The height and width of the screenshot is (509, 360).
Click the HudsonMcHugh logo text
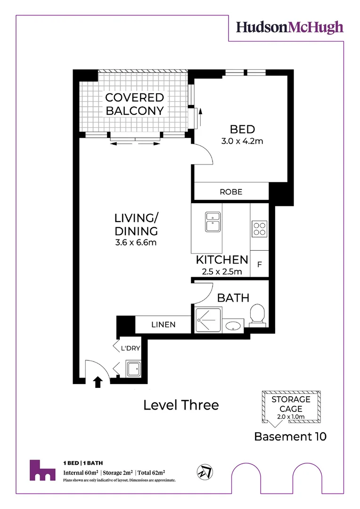coord(290,28)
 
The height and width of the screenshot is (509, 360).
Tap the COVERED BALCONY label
coord(135,104)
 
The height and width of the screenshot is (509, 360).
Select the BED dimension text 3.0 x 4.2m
coord(242,141)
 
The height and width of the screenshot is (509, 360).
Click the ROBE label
coord(231,192)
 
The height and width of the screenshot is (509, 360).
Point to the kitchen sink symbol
coord(213,222)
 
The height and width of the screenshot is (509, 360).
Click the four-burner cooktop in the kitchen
coord(259,228)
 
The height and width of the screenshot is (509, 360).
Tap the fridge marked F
coord(259,264)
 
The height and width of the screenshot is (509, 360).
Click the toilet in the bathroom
coord(257,315)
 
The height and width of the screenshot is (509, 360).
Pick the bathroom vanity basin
coord(234,326)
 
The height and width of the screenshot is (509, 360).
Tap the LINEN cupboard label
coord(164,325)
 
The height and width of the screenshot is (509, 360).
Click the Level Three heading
coord(181,405)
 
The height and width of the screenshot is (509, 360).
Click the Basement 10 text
coord(290,436)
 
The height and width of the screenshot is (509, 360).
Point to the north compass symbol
coord(205,471)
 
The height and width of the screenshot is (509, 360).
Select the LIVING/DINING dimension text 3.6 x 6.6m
coord(135,243)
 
